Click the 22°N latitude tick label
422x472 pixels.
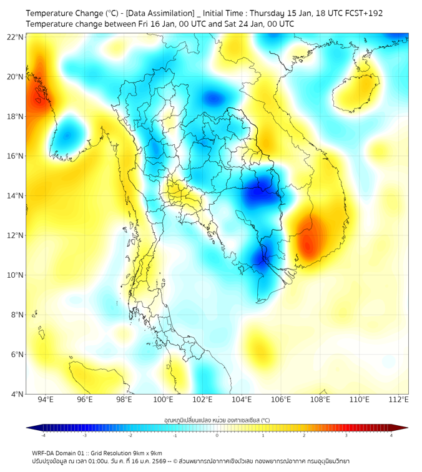(x=16, y=37)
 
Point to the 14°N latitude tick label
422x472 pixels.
(x=16, y=196)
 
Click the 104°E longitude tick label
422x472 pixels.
(x=242, y=400)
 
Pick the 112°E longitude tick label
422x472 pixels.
(x=399, y=400)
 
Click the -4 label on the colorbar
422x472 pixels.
(x=43, y=435)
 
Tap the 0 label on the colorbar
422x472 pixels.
(x=217, y=435)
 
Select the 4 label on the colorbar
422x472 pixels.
(x=391, y=435)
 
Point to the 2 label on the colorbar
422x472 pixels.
(x=304, y=435)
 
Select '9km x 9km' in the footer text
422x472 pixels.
(x=147, y=453)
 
